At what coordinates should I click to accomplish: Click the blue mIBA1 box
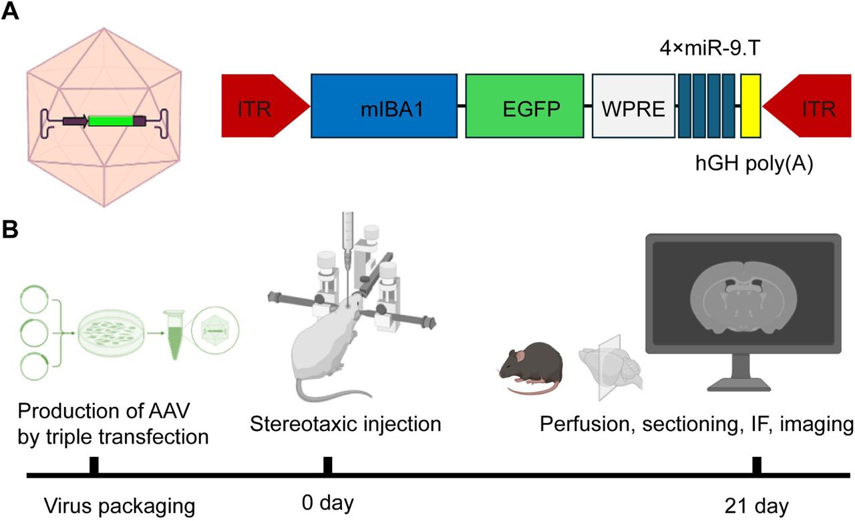(384, 107)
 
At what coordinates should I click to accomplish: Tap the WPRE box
(633, 107)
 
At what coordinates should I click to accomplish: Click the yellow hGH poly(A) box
(751, 107)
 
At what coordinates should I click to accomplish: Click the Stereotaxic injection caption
(345, 422)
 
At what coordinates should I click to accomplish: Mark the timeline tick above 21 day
(756, 465)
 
